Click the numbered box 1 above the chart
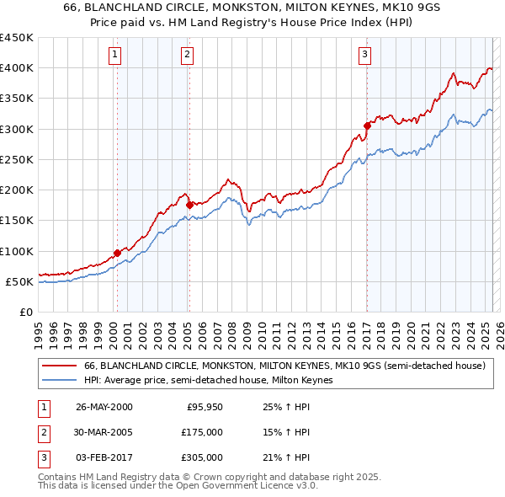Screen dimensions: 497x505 tap(114, 55)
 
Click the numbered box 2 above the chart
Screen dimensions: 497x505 tap(186, 55)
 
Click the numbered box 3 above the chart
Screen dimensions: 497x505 tap(364, 55)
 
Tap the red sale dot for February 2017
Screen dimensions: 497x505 tap(367, 126)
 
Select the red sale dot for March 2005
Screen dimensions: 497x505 tap(190, 205)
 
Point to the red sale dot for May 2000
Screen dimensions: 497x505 tap(117, 253)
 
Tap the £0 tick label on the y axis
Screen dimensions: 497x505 tap(26, 312)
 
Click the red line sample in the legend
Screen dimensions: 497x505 tap(60, 366)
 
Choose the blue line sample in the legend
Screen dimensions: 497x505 tap(60, 380)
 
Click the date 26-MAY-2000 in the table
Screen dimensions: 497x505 tap(104, 407)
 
